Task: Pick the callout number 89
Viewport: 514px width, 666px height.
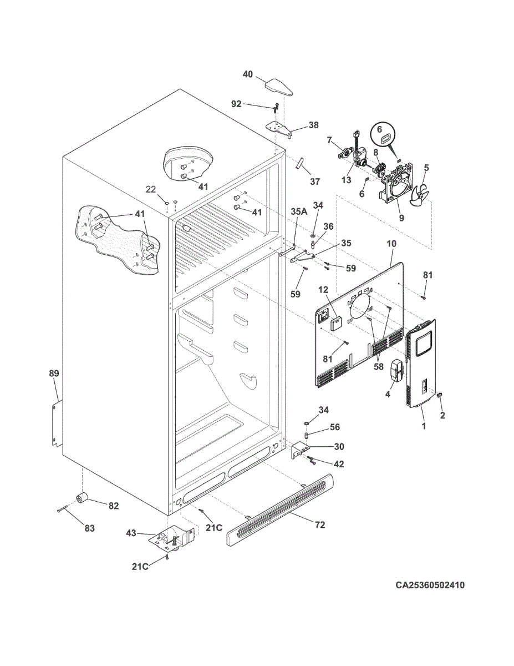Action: click(x=54, y=374)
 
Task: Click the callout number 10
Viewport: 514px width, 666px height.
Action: click(x=391, y=244)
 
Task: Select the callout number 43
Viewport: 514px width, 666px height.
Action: click(x=131, y=533)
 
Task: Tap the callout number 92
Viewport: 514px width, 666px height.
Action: click(x=236, y=104)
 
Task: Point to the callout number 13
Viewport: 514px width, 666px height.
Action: click(x=346, y=180)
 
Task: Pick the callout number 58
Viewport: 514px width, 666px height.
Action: click(x=379, y=366)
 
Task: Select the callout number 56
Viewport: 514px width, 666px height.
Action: click(x=335, y=427)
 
